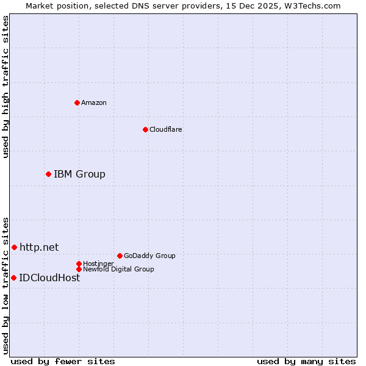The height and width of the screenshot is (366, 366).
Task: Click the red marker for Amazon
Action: coord(77,102)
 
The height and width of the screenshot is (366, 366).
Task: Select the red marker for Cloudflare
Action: coord(145,129)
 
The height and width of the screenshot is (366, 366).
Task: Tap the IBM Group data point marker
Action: coord(48,174)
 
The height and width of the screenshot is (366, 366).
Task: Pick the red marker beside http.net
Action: coord(14,247)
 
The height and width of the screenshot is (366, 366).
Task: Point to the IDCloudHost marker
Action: coord(13,278)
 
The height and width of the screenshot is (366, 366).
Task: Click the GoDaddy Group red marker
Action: coord(120,256)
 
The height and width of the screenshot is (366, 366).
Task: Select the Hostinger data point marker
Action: coord(79,264)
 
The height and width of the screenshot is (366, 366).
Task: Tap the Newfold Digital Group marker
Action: coord(79,269)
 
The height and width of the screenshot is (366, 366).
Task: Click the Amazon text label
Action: coord(94,102)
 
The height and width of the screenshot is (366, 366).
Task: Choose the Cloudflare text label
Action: coord(166,129)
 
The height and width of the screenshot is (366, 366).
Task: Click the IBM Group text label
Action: coord(79,174)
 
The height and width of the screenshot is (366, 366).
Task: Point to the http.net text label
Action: coord(39,247)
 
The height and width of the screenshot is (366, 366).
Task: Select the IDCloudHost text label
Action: coord(49,278)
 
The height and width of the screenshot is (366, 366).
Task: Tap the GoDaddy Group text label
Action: coord(149,256)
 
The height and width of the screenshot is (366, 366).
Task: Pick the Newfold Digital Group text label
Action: coord(118,269)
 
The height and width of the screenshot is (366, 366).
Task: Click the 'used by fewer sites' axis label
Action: coord(63,361)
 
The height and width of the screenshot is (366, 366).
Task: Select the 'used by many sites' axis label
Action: coord(306,361)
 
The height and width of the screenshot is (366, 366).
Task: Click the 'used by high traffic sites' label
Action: coord(5,87)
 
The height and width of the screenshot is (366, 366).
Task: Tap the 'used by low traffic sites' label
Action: coord(5,285)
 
